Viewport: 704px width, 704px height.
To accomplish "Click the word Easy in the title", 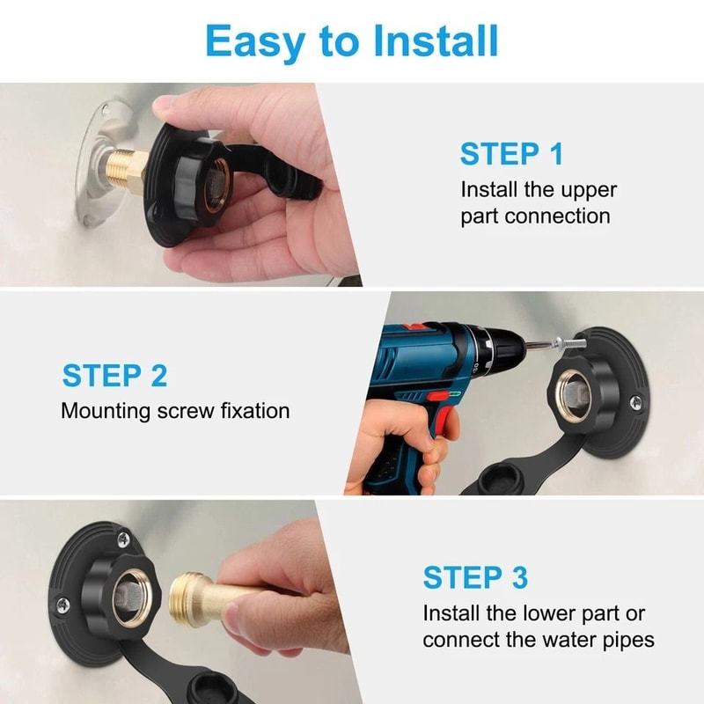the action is point(255,42).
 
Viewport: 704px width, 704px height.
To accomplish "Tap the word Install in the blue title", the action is point(436,40).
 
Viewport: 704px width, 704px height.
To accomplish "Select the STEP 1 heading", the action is point(511,154).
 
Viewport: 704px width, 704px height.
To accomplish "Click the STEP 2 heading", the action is point(115,376).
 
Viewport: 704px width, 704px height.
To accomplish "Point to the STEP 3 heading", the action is point(475,577).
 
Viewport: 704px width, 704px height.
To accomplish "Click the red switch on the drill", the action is point(438,395).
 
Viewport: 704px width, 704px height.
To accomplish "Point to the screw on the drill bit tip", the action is point(569,344).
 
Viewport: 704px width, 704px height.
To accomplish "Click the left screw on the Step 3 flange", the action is point(62,605).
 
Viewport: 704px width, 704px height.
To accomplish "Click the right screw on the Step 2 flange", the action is point(635,402).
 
